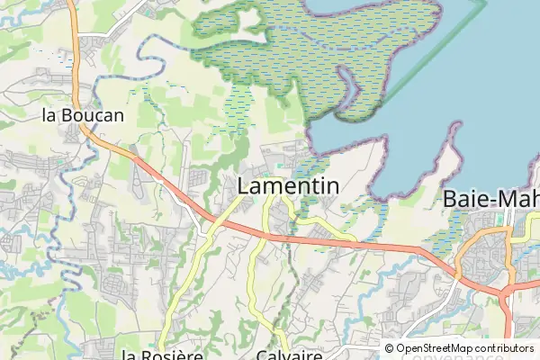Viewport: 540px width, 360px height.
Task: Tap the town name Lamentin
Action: click(x=288, y=186)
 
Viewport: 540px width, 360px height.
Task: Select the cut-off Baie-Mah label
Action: click(x=491, y=199)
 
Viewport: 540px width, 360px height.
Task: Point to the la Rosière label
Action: click(x=162, y=355)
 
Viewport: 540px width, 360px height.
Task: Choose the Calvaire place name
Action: click(x=289, y=355)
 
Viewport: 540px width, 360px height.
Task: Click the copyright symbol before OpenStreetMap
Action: click(x=390, y=348)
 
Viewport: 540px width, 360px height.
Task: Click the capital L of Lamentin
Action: click(x=244, y=186)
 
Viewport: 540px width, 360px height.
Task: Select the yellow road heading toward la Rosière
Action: click(x=184, y=288)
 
